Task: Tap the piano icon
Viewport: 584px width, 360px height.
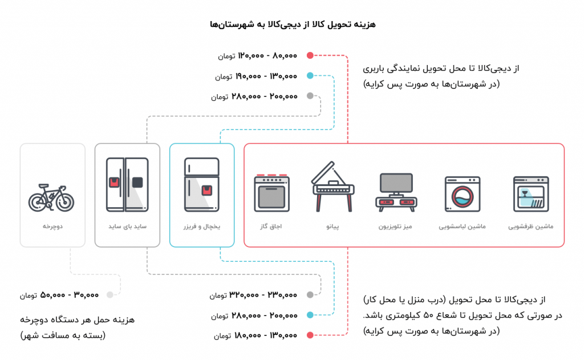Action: tap(333, 187)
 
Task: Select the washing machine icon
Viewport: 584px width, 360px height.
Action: tap(463, 194)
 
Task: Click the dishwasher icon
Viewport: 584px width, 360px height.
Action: tap(531, 194)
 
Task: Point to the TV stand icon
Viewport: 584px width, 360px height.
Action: tap(396, 192)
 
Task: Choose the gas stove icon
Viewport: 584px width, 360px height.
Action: tap(272, 193)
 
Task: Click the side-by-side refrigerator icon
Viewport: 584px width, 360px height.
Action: tap(127, 184)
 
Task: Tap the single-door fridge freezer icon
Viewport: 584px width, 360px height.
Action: tap(202, 184)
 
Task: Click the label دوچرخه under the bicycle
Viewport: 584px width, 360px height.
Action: tap(52, 226)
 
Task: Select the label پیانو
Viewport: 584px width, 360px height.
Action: tap(333, 226)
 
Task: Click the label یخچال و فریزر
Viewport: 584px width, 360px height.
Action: tap(202, 226)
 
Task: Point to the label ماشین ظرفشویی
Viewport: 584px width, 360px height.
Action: tap(531, 226)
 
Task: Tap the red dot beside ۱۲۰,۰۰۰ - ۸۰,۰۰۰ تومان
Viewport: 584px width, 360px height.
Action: tap(310, 55)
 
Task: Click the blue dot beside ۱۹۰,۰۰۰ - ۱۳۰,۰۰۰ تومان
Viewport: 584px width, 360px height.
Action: tap(310, 76)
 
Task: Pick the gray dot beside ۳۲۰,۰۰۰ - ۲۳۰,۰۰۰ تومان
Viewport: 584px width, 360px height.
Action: tap(310, 295)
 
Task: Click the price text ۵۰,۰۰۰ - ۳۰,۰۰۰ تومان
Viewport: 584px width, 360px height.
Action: tap(59, 295)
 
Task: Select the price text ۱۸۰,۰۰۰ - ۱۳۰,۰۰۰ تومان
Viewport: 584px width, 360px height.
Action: tap(255, 335)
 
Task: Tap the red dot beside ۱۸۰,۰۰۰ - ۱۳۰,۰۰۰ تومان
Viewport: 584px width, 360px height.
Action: tap(310, 335)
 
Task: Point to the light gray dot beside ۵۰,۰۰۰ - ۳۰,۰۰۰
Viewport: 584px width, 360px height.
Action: tap(110, 295)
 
